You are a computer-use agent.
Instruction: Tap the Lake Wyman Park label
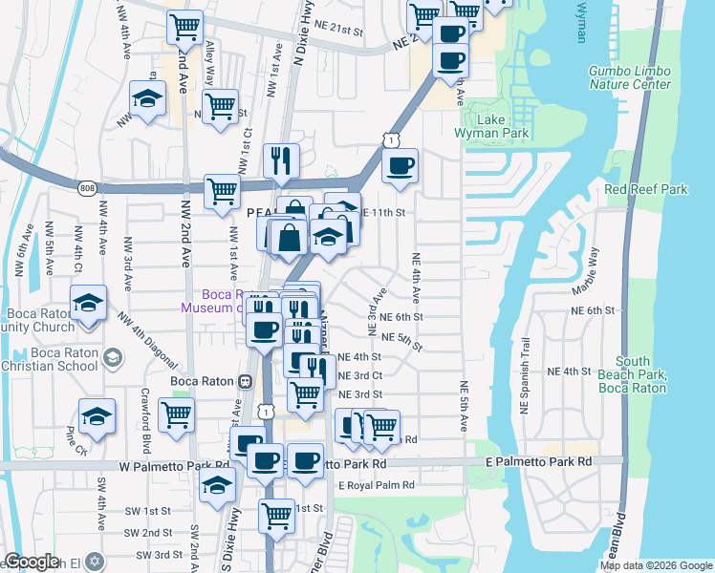[478, 127]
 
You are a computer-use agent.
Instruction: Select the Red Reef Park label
[645, 189]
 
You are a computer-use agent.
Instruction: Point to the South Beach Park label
[632, 374]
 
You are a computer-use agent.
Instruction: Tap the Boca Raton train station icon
[246, 381]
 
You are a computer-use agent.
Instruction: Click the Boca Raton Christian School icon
[113, 358]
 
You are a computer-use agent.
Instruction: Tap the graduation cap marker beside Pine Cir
[97, 416]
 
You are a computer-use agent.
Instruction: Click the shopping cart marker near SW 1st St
[276, 516]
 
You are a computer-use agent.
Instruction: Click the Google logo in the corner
[32, 562]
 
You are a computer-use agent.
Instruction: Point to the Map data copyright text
[655, 565]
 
